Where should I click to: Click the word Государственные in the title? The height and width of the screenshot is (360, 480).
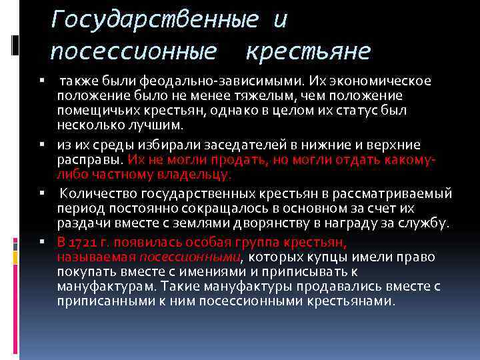(154, 20)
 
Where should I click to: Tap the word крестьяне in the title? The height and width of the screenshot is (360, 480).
(309, 51)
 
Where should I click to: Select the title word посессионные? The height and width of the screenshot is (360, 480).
(133, 51)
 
